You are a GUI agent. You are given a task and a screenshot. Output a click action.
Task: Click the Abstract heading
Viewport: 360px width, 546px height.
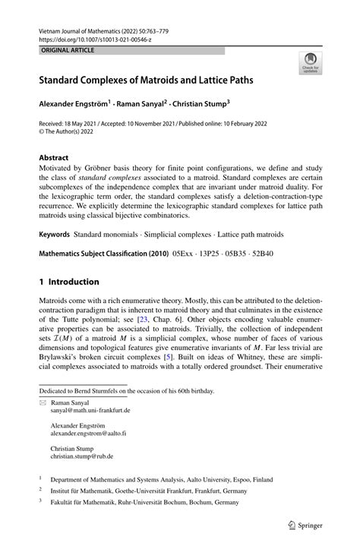click(x=58, y=157)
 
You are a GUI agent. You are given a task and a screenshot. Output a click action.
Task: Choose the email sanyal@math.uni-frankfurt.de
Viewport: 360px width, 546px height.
click(x=90, y=410)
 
